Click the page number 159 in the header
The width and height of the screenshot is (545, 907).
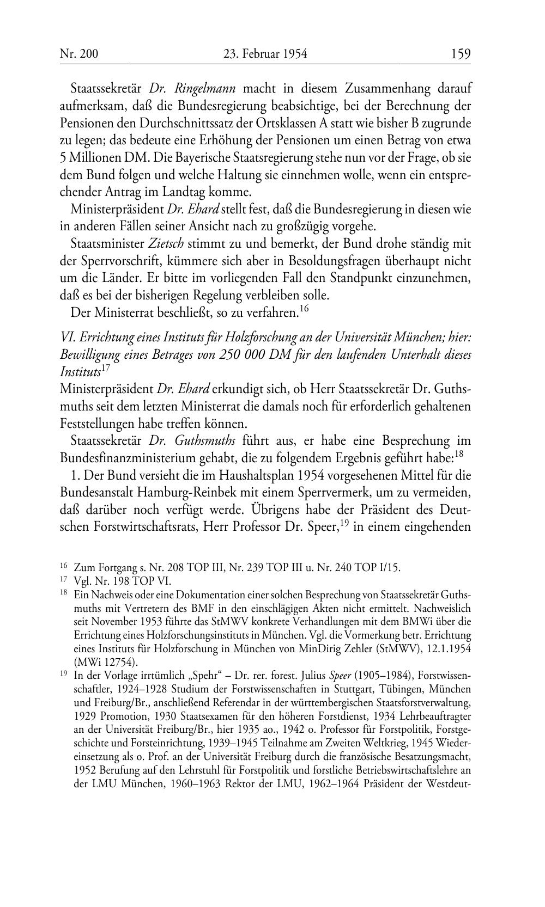[461, 54]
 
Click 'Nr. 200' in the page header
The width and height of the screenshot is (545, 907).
[79, 54]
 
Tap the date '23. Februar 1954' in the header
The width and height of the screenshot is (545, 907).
[265, 54]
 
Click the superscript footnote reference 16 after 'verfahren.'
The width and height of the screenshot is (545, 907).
[304, 310]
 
